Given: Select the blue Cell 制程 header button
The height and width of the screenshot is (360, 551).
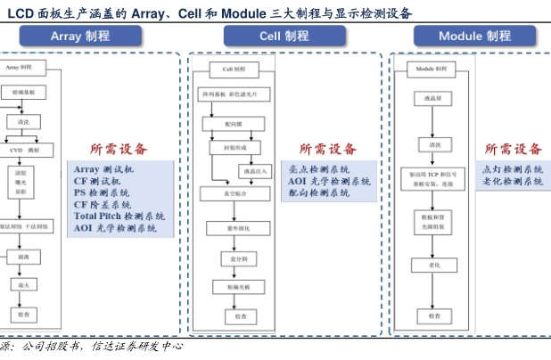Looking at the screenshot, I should (x=284, y=36).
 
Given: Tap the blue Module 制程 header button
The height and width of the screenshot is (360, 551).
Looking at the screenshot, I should (x=473, y=36).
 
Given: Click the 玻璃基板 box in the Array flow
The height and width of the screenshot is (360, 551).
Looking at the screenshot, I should (x=24, y=92).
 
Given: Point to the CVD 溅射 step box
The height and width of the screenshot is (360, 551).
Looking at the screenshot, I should (x=24, y=149).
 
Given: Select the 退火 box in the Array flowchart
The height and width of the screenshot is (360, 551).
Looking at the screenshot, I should (x=24, y=285).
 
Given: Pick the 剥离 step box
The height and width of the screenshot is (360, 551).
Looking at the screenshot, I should (x=24, y=257).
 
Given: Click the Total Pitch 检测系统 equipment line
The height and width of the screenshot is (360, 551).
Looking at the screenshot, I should (x=119, y=217).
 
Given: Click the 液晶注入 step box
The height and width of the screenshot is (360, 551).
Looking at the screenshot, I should (x=254, y=169).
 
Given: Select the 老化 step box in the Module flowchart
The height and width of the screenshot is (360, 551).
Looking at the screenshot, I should (x=434, y=264).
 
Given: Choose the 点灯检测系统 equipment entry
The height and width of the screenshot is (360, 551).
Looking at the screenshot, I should (x=513, y=169).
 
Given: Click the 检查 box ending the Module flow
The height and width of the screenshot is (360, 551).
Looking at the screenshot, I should (x=434, y=315).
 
